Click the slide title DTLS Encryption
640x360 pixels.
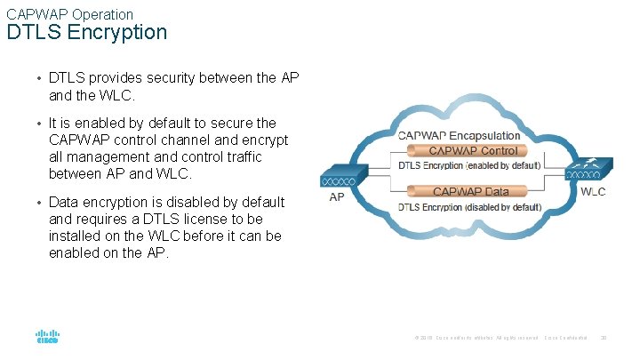(86, 33)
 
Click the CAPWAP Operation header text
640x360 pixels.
(69, 14)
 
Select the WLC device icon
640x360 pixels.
(589, 171)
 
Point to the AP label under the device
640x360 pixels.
(337, 197)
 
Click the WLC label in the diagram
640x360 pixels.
(593, 193)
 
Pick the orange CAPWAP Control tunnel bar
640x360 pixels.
(473, 151)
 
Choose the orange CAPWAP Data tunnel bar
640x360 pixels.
(471, 191)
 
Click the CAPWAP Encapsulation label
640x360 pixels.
(459, 135)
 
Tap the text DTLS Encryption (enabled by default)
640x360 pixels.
(468, 165)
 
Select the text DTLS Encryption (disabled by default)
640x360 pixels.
(469, 207)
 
